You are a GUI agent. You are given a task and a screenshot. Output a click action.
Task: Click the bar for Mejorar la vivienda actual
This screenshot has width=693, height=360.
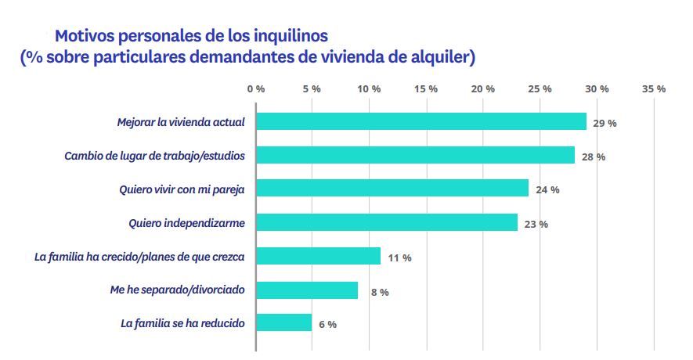pyautogui.click(x=421, y=121)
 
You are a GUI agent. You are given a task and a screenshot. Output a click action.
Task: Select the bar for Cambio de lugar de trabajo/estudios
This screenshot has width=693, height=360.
pyautogui.click(x=416, y=155)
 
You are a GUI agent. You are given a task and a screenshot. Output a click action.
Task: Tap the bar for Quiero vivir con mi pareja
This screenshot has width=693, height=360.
pyautogui.click(x=392, y=189)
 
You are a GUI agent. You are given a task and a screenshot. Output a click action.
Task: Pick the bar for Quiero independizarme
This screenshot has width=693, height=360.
pyautogui.click(x=387, y=222)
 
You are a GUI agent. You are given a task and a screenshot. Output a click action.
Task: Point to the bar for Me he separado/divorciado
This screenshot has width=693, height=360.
pyautogui.click(x=307, y=290)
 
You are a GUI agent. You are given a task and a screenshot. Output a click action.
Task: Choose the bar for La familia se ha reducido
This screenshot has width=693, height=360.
pyautogui.click(x=284, y=323)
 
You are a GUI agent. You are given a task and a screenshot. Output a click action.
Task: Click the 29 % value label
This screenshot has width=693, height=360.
pyautogui.click(x=605, y=123)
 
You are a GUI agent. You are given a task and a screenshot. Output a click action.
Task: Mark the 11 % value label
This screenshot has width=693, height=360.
pyautogui.click(x=399, y=257)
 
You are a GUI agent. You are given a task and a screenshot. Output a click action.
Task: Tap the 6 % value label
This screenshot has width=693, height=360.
pyautogui.click(x=327, y=325)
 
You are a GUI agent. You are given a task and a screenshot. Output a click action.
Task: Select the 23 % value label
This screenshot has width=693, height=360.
pyautogui.click(x=536, y=224)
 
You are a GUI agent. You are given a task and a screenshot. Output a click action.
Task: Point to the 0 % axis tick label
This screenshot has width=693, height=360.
pyautogui.click(x=255, y=88)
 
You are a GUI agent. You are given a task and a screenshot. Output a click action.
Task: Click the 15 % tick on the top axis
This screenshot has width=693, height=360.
pyautogui.click(x=426, y=88)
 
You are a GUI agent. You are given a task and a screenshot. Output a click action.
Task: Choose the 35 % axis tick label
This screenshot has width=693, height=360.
pyautogui.click(x=654, y=88)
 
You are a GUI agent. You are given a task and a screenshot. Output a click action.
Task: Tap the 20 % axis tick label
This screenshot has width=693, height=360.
pyautogui.click(x=483, y=88)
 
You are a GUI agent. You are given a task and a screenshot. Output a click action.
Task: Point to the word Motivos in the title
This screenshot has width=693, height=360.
pyautogui.click(x=83, y=36)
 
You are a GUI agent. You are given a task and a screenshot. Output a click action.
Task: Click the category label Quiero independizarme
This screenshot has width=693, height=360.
pyautogui.click(x=187, y=223)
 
